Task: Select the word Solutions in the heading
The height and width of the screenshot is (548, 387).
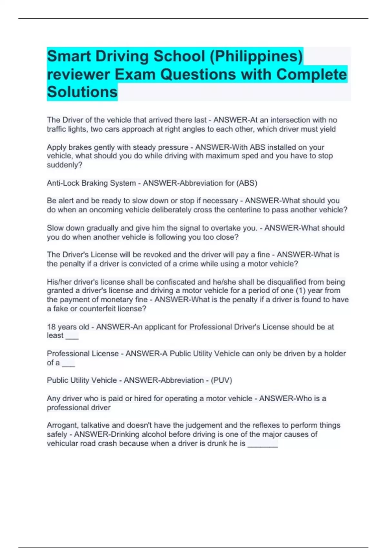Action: tap(82, 92)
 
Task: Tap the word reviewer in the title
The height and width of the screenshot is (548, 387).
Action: tap(79, 74)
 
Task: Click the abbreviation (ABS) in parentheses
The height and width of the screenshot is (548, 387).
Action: tap(247, 183)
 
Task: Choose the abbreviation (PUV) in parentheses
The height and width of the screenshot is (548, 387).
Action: tap(221, 380)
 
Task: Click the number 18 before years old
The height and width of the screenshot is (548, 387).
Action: tap(51, 327)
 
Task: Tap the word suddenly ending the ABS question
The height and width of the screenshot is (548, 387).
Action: tap(64, 165)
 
